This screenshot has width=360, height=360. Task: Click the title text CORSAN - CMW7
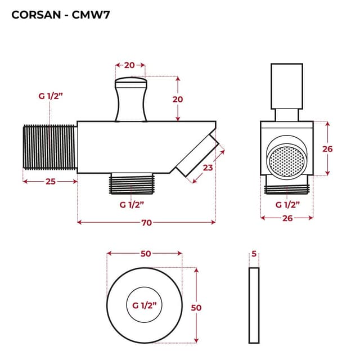pyautogui.click(x=61, y=15)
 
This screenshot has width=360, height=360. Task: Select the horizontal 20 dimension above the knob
pyautogui.click(x=129, y=65)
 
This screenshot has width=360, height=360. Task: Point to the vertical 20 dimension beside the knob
pyautogui.click(x=178, y=98)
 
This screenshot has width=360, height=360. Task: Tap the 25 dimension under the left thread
pyautogui.click(x=49, y=181)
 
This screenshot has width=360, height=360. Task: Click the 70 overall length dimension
pyautogui.click(x=146, y=223)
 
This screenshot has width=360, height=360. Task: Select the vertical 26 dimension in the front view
pyautogui.click(x=327, y=149)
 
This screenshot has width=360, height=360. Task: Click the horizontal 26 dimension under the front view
pyautogui.click(x=287, y=218)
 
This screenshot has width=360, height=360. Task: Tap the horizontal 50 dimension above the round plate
pyautogui.click(x=145, y=254)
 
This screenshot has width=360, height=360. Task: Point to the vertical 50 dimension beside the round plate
pyautogui.click(x=196, y=308)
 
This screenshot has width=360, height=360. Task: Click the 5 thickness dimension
pyautogui.click(x=254, y=254)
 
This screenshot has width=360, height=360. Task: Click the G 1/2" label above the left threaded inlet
pyautogui.click(x=51, y=96)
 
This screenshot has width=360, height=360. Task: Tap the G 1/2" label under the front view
pyautogui.click(x=287, y=205)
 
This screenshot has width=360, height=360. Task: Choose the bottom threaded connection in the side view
pyautogui.click(x=130, y=183)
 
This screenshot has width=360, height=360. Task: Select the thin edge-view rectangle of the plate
pyautogui.click(x=254, y=305)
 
